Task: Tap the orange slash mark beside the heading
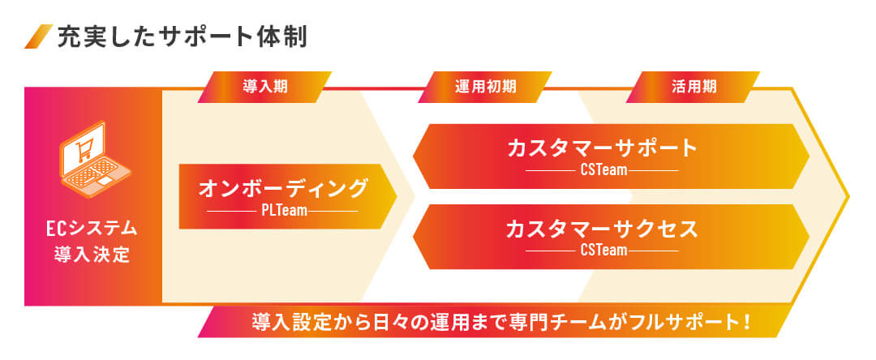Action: click(x=39, y=36)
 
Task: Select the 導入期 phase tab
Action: click(x=264, y=87)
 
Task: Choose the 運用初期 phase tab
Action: click(x=485, y=87)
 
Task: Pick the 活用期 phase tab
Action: click(x=693, y=87)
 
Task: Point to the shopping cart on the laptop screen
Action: click(x=84, y=149)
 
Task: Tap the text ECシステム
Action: click(x=92, y=229)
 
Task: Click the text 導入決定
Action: click(x=92, y=255)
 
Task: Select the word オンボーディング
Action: click(x=284, y=189)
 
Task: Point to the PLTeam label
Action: click(x=284, y=212)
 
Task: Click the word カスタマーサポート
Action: click(x=603, y=148)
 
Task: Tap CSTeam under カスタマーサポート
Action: click(x=604, y=170)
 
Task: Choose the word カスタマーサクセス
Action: click(x=603, y=229)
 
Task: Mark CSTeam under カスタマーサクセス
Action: click(x=604, y=251)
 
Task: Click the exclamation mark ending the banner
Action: click(x=746, y=323)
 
